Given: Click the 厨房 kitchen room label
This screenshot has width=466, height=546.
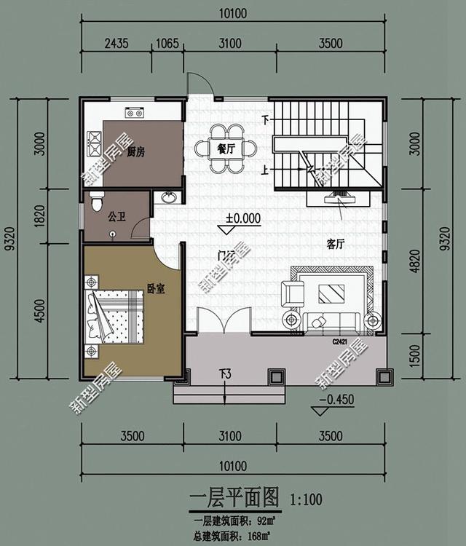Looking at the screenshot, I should pos(136,152).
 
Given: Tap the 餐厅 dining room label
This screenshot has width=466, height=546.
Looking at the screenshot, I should pos(226,149).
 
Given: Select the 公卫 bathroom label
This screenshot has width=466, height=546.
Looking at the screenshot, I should pos(117,216).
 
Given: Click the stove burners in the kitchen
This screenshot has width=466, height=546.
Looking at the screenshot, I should pos(94,143).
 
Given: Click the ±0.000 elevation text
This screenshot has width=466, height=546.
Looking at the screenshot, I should pos(243,217).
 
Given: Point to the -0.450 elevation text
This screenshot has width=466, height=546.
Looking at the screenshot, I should pos(336,399).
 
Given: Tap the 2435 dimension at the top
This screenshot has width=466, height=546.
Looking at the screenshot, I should pos(116,43).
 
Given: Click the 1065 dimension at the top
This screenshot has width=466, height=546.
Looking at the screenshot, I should pos(167,43).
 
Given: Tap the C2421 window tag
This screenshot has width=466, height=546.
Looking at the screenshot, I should pos(340,341).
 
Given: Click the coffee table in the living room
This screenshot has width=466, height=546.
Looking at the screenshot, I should pos(334,294).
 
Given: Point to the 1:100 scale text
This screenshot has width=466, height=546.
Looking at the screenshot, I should pos(307,500).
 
